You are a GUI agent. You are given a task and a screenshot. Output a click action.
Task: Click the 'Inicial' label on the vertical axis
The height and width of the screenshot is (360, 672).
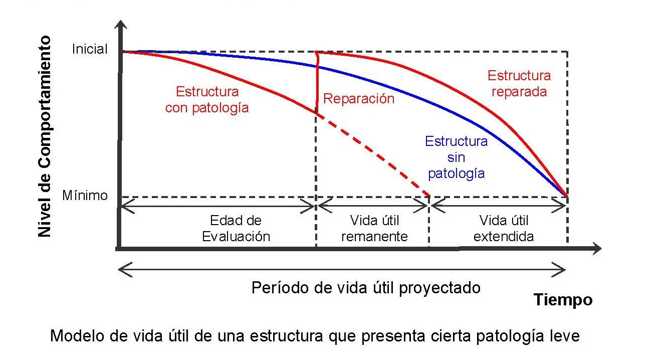pyautogui.click(x=90, y=49)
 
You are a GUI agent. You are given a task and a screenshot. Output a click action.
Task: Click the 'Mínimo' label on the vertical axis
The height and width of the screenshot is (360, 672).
pyautogui.click(x=85, y=196)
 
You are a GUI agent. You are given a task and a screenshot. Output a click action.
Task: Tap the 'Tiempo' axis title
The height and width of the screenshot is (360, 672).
pyautogui.click(x=563, y=300)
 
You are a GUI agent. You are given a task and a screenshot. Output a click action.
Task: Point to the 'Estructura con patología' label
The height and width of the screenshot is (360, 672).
pyautogui.click(x=207, y=100)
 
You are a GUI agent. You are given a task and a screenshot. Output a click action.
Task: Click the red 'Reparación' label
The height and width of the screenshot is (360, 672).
pyautogui.click(x=359, y=98)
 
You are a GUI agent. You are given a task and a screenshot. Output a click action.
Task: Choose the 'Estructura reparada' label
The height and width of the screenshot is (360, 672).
pyautogui.click(x=519, y=84)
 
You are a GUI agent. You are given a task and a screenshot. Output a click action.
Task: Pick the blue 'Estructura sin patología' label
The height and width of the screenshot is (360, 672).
pyautogui.click(x=456, y=157)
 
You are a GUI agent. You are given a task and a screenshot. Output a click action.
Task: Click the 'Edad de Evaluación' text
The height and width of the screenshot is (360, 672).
pyautogui.click(x=236, y=229)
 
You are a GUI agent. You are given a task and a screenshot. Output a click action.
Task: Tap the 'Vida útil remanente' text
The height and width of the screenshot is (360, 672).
pyautogui.click(x=374, y=229)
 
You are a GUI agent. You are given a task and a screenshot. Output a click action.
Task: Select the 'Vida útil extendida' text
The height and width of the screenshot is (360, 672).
pyautogui.click(x=504, y=229)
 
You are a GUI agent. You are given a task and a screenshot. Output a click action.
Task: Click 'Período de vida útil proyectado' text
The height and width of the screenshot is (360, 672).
pyautogui.click(x=366, y=288)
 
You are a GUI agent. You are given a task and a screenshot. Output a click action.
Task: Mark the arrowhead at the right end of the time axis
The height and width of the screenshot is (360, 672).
pyautogui.click(x=596, y=248)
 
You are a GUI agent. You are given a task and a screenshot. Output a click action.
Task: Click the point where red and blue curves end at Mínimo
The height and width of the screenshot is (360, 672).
pyautogui.click(x=567, y=197)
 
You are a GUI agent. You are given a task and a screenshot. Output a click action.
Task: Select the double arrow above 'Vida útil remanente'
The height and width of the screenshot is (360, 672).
pyautogui.click(x=373, y=205)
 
